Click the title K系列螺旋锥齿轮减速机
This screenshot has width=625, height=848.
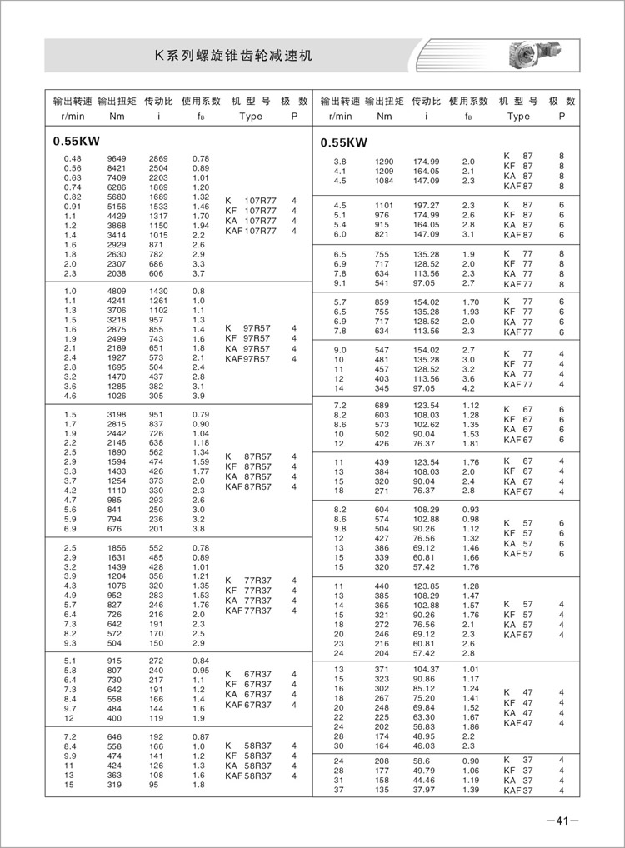[235, 56]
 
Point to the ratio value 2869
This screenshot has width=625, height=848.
[158, 158]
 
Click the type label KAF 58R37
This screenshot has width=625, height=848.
[251, 776]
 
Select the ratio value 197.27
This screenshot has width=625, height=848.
[425, 205]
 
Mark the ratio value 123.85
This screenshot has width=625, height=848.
[425, 587]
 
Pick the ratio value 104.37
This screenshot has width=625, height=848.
[425, 669]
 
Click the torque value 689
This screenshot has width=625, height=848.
[381, 404]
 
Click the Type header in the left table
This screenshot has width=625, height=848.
[251, 117]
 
